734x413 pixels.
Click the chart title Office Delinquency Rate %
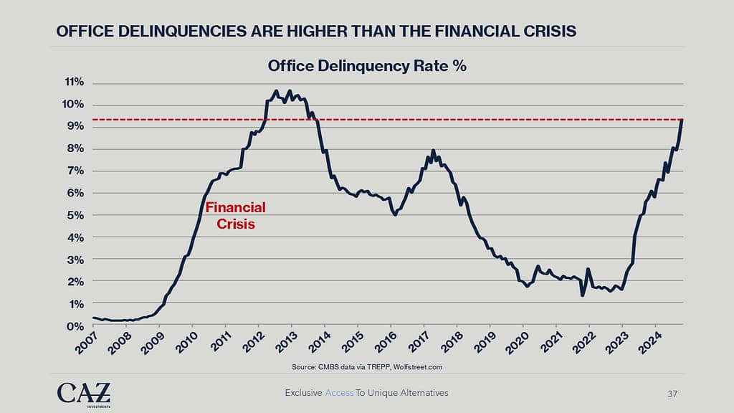click(367, 67)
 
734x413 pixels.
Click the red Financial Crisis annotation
click(235, 215)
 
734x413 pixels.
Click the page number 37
click(672, 393)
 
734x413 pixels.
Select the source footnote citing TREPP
click(366, 366)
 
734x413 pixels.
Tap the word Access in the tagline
click(339, 393)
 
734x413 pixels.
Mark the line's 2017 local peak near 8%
click(433, 151)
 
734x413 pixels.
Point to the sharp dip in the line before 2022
click(582, 295)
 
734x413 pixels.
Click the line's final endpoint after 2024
click(682, 120)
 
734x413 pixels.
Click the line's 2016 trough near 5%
click(395, 214)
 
